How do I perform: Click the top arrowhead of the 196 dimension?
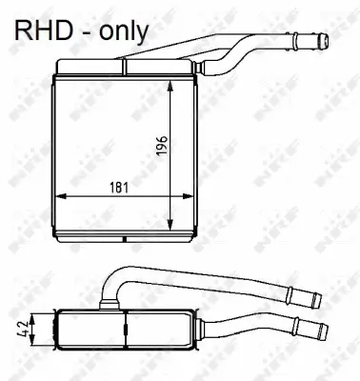[170, 82]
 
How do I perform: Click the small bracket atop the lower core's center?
[115, 307]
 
